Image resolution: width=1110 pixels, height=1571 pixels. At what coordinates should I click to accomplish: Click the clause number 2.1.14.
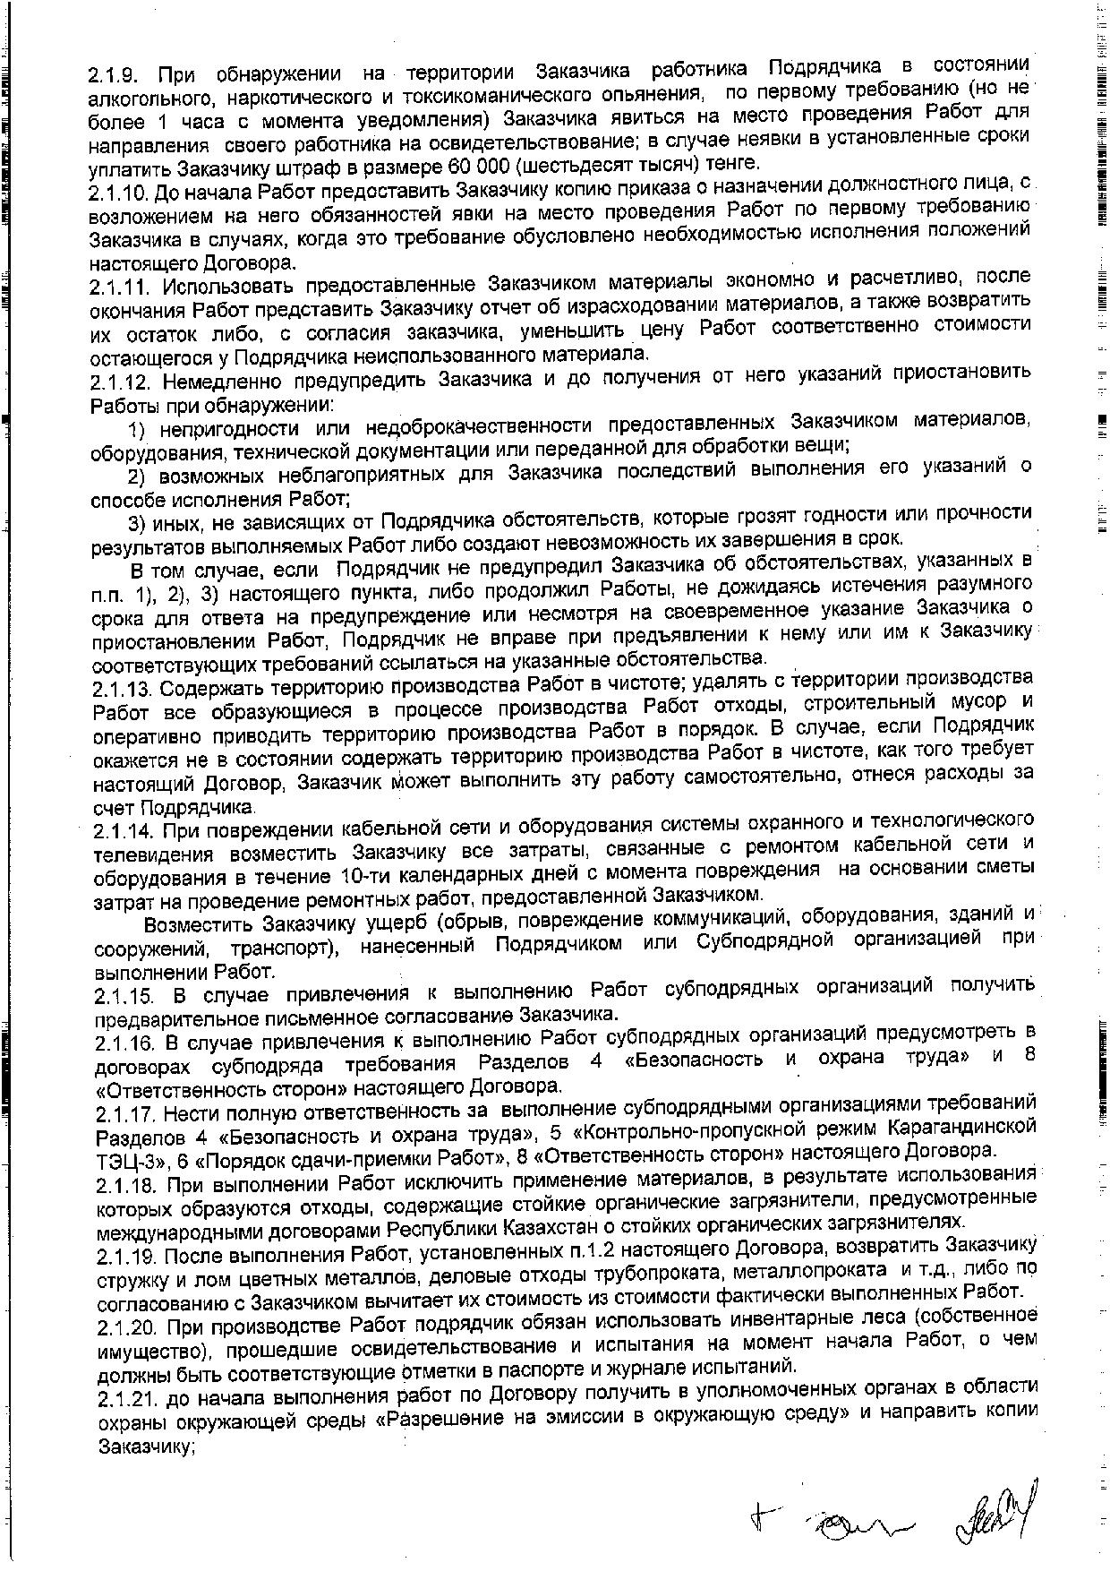pyautogui.click(x=124, y=830)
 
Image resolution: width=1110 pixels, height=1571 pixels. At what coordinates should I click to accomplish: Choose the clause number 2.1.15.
pyautogui.click(x=124, y=995)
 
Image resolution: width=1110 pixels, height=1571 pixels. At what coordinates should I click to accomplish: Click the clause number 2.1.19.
pyautogui.click(x=124, y=1249)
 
